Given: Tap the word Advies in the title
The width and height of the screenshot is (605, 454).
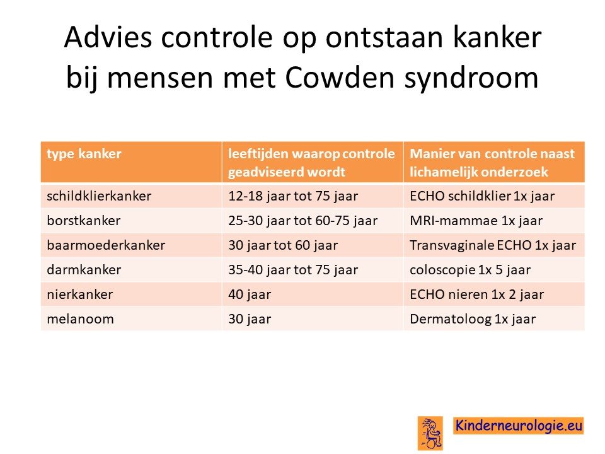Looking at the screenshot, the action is [108, 37].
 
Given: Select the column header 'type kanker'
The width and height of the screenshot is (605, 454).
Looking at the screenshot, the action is [84, 154].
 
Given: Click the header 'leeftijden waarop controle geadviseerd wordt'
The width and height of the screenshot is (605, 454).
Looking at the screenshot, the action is [311, 163].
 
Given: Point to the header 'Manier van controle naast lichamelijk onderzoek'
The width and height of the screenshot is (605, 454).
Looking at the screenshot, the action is [492, 163].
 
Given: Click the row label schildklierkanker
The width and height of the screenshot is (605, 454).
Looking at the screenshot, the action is [99, 195].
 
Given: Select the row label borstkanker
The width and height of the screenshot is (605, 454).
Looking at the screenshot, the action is [84, 221].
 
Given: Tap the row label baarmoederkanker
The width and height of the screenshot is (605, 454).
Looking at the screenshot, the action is [106, 245].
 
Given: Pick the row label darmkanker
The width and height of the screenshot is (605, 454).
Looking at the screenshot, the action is [84, 270].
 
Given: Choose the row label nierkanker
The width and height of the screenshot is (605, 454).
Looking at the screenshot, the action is [80, 294].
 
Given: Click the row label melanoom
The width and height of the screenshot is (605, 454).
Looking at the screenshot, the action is [80, 319].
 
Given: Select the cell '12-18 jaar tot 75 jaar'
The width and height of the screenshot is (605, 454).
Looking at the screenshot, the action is [293, 196].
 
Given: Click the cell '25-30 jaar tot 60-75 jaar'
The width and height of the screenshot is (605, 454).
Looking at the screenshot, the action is [303, 221].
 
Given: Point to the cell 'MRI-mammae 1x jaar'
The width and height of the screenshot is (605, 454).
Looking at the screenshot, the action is [476, 221].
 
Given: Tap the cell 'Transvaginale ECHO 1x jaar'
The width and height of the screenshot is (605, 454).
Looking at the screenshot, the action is [493, 245].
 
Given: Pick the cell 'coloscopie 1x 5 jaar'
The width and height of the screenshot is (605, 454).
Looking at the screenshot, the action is [470, 271].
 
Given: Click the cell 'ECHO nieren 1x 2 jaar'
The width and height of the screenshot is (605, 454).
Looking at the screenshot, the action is [476, 295].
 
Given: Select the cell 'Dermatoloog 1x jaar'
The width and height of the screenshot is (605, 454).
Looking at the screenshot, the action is [473, 320].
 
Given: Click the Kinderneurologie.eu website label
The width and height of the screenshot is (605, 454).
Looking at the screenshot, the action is [518, 426].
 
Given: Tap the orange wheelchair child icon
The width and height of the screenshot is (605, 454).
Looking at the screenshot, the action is [430, 433].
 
